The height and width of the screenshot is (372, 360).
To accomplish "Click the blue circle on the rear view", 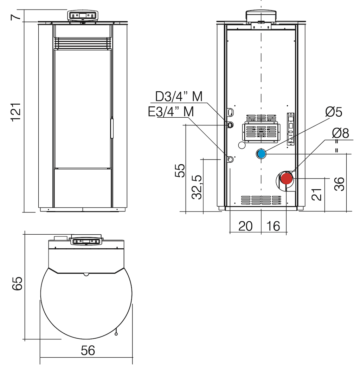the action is point(261,154).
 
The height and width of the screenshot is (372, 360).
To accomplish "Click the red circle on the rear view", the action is point(287,179).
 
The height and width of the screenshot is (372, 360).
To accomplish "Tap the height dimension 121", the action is point(16,112).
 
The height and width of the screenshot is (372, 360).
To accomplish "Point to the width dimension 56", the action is point(88,350).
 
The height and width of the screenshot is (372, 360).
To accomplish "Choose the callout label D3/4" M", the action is point(179,96).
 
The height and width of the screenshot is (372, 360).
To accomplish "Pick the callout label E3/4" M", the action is point(171,111).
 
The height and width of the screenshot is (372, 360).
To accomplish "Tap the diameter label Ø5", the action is point(334,112).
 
